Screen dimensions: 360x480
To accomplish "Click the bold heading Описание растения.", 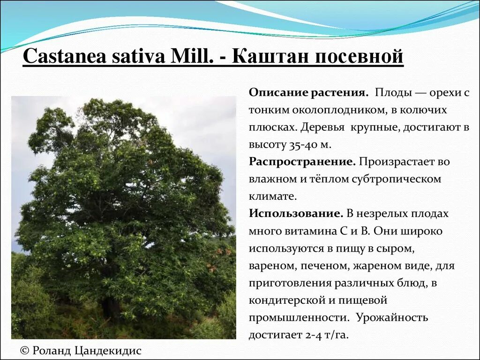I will click(x=308, y=93).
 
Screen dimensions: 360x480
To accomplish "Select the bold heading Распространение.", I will click(x=302, y=162).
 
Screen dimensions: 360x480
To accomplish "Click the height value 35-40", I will click(x=302, y=145).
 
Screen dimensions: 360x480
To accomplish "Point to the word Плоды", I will click(x=393, y=93).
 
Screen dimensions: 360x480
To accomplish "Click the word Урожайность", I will click(x=392, y=318).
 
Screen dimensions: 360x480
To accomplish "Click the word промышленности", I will click(x=299, y=318).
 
